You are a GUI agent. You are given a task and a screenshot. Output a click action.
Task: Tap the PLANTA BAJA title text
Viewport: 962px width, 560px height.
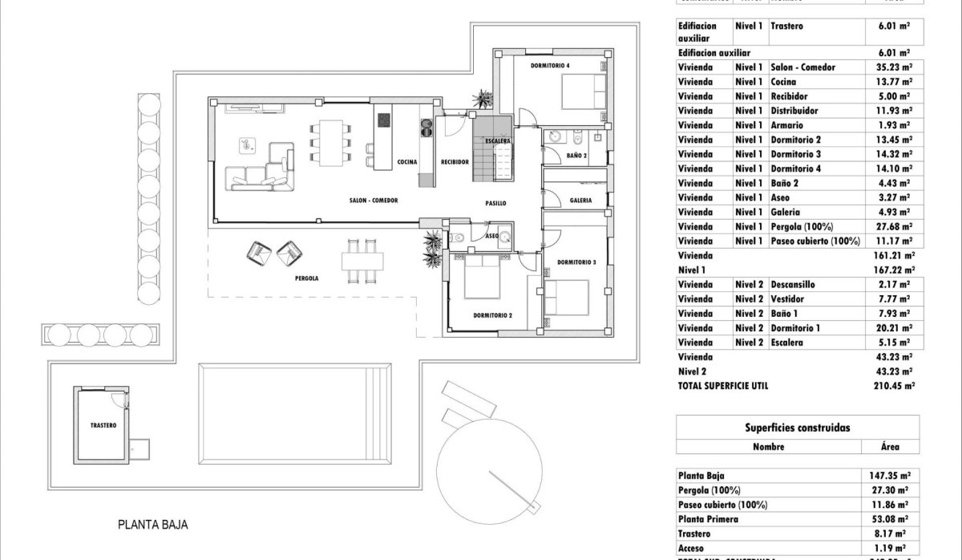tap(152, 526)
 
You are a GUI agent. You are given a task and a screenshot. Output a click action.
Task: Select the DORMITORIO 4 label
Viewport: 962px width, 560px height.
tap(550, 65)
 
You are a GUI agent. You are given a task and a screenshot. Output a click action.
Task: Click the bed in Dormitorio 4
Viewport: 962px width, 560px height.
tap(583, 91)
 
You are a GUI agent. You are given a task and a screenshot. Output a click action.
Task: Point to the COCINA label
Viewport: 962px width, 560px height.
tap(407, 162)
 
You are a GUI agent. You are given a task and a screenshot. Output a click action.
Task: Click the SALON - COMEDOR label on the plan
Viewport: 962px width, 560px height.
tap(374, 201)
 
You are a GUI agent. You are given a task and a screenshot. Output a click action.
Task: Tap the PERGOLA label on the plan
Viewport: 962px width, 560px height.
tap(306, 278)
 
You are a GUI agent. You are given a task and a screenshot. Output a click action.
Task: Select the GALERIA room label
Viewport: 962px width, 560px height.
tap(581, 201)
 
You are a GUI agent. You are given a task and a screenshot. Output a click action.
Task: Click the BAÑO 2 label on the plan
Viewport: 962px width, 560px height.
tap(576, 156)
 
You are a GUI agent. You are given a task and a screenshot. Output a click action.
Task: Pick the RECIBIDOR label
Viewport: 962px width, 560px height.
tap(455, 162)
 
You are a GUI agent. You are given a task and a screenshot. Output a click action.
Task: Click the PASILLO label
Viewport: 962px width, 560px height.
tap(495, 204)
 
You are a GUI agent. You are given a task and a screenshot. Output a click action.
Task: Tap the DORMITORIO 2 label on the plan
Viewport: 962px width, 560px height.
tap(492, 315)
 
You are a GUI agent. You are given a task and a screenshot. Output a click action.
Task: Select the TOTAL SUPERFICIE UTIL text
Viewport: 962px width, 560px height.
tap(722, 386)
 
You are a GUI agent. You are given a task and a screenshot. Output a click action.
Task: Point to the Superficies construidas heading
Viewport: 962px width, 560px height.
tap(797, 428)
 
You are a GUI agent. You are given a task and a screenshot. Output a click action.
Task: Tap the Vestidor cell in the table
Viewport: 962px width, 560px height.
tap(790, 299)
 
